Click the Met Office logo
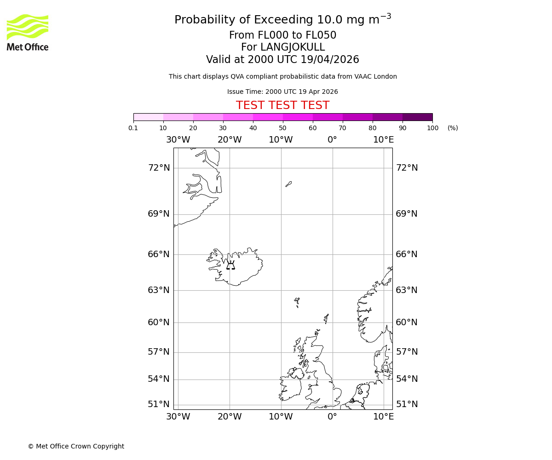click(28, 32)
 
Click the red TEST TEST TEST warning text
click(282, 105)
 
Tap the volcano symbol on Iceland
click(230, 265)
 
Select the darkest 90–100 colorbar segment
click(417, 117)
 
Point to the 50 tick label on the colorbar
click(282, 128)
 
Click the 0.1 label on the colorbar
click(133, 128)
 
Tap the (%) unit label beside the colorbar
click(453, 128)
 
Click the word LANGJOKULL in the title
click(293, 47)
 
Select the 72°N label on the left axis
click(159, 167)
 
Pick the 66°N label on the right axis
click(407, 254)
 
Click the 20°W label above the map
click(230, 140)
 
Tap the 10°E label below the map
click(383, 417)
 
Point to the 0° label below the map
click(332, 417)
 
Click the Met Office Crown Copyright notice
click(76, 446)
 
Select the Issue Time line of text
click(282, 92)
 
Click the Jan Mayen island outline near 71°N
click(288, 184)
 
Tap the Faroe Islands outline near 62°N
click(297, 302)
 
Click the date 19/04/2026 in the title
click(330, 60)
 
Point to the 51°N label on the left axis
click(159, 404)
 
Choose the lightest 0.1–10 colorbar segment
click(148, 117)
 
